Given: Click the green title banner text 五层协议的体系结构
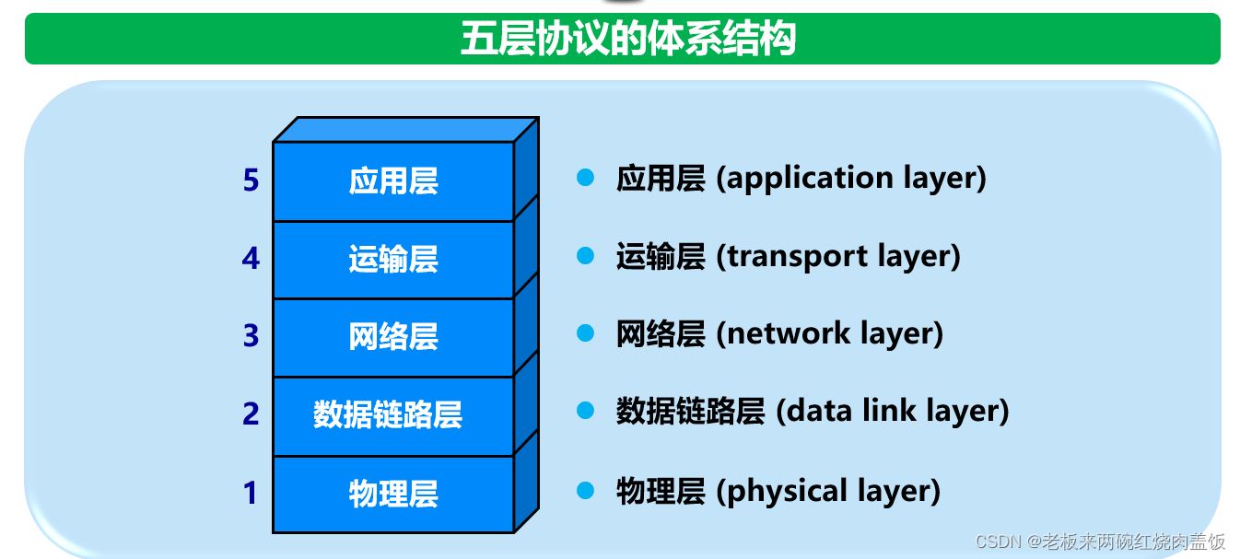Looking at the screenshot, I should pos(627,40).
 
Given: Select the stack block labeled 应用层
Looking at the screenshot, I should pos(393,181).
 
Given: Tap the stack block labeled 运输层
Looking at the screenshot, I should pos(393,260).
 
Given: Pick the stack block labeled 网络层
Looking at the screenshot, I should pos(393,337).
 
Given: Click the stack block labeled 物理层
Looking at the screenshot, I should pos(393,494).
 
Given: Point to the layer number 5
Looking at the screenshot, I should pos(251,181).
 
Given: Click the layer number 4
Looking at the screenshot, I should pos(251,259).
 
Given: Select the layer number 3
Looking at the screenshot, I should pos(251,336).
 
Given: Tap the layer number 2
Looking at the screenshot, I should pos(251,414).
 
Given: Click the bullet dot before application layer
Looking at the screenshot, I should pos(585,178).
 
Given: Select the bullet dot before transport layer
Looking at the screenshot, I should pos(585,255).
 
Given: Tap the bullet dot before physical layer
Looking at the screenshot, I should pos(585,490).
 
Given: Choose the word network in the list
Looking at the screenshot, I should pos(778,333).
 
